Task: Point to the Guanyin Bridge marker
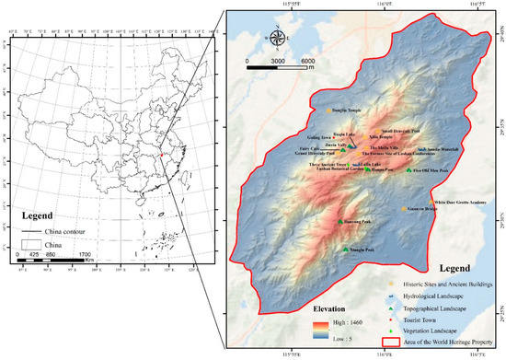(x=403, y=210)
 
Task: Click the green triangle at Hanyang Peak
(x=366, y=168)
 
